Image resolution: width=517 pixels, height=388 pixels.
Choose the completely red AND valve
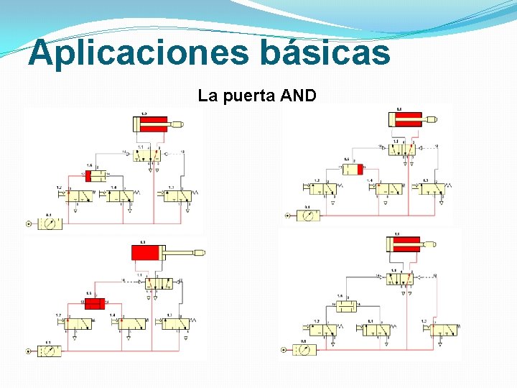(95, 303)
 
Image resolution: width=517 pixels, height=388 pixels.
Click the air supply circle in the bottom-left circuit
(30, 351)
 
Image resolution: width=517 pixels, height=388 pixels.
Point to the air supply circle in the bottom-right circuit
(285, 350)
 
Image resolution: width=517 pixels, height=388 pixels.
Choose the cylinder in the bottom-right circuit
(406, 244)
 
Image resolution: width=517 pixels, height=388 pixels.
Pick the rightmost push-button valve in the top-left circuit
(180, 195)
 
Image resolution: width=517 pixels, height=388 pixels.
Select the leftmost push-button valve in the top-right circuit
(322, 189)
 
